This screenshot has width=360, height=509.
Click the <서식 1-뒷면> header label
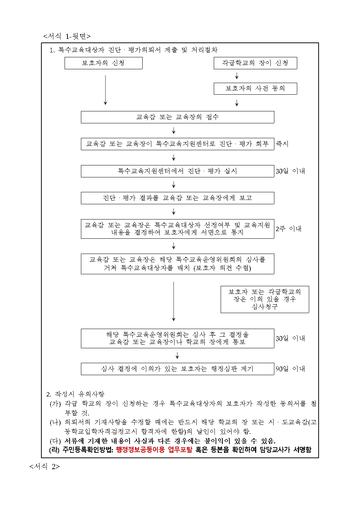point(67,36)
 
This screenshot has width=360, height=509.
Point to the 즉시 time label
point(282,144)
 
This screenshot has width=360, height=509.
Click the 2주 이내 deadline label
point(289,229)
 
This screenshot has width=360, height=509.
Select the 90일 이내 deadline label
point(290,369)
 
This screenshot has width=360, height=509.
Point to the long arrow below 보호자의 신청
point(106,90)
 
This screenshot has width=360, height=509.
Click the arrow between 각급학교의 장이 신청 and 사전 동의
point(237,76)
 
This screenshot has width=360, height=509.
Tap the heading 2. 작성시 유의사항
point(75,394)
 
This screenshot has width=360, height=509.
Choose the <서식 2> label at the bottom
point(45,467)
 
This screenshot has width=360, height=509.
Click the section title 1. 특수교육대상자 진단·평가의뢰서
point(134,50)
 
